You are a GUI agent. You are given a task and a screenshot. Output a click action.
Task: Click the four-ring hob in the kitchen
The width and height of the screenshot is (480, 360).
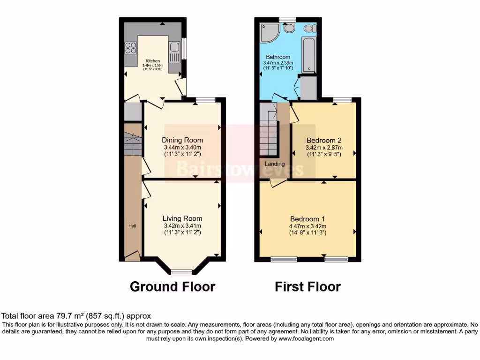[x=131, y=47]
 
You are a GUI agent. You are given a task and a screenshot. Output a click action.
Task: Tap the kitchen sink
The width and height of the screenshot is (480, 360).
[x=174, y=47]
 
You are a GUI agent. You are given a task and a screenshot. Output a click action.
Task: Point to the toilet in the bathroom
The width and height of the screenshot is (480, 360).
[x=308, y=29]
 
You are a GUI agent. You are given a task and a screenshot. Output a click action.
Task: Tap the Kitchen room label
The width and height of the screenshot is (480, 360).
[x=153, y=61]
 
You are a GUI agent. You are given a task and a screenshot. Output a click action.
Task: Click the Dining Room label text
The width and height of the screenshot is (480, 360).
[x=182, y=140]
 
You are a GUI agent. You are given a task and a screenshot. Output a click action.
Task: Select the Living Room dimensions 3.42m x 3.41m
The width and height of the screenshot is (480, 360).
[x=182, y=225]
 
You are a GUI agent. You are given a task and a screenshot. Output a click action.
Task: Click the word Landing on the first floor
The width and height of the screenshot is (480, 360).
[x=275, y=164]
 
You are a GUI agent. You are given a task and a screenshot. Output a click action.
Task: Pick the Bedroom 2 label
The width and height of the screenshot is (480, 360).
[x=324, y=140]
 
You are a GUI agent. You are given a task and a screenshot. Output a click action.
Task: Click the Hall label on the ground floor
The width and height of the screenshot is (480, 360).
[x=132, y=226]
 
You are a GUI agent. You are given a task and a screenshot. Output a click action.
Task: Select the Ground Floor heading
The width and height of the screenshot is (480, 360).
[x=172, y=286]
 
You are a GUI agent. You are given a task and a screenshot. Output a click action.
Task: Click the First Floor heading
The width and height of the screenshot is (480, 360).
[x=307, y=286]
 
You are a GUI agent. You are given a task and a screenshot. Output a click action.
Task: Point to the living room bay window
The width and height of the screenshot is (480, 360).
[x=181, y=272]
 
